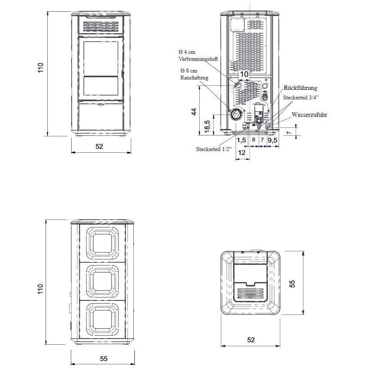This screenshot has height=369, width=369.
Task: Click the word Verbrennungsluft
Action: click(x=198, y=59)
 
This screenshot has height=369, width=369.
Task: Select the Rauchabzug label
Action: click(x=194, y=78)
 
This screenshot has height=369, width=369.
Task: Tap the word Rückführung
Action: click(x=300, y=88)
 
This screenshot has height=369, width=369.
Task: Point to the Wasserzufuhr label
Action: click(x=309, y=115)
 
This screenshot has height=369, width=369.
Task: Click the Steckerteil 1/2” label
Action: click(x=214, y=149)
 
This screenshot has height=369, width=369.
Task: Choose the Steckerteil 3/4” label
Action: click(x=301, y=97)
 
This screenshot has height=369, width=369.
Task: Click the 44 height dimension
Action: click(x=194, y=112)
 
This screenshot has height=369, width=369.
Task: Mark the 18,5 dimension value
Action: click(x=207, y=126)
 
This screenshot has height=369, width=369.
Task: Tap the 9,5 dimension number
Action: click(x=273, y=140)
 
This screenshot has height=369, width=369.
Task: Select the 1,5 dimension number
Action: click(x=241, y=140)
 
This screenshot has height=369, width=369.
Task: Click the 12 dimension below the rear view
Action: click(x=242, y=153)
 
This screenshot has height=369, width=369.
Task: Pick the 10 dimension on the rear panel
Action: click(x=244, y=74)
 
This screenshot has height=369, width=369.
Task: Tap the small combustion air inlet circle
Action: click(x=238, y=85)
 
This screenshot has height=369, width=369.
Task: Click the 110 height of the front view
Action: click(x=40, y=68)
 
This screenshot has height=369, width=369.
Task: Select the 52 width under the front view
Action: click(x=99, y=146)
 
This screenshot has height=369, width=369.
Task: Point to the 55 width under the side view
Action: click(x=104, y=359)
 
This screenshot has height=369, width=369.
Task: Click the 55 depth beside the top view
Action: click(x=292, y=283)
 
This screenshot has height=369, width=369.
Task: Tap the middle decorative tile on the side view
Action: click(x=102, y=280)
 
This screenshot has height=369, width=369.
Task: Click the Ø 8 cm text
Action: click(x=189, y=71)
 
